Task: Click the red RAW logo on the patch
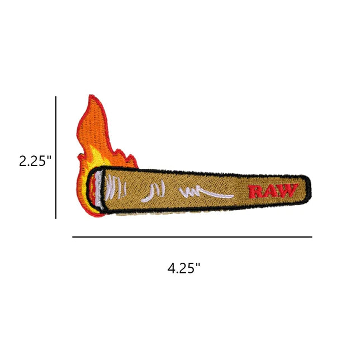(273, 191)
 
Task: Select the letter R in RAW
(256, 192)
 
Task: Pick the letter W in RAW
(288, 190)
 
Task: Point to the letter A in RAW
(271, 191)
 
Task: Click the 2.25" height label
(35, 161)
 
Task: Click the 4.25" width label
(184, 268)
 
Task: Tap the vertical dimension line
(56, 158)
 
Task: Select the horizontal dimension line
(192, 236)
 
